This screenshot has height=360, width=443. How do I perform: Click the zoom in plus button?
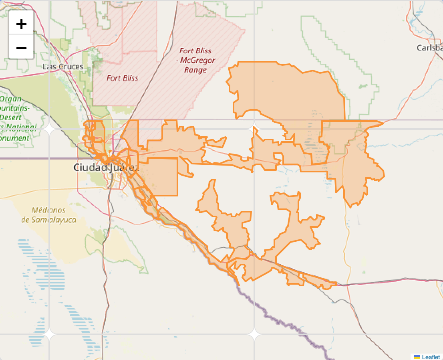pyautogui.click(x=21, y=24)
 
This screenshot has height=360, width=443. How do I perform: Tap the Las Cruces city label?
pyautogui.click(x=63, y=67)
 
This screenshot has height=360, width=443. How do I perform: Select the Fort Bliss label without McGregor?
pyautogui.click(x=122, y=78)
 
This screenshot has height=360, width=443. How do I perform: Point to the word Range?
pyautogui.click(x=195, y=70)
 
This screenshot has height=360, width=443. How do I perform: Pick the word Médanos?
pyautogui.click(x=48, y=210)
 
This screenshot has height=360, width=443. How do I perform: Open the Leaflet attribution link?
pyautogui.click(x=431, y=357)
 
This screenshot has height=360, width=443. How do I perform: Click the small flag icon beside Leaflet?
pyautogui.click(x=417, y=357)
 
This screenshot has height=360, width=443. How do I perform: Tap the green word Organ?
pyautogui.click(x=9, y=99)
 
